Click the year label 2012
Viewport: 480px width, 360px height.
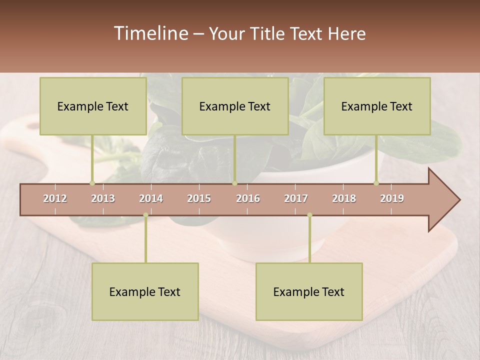[55, 198]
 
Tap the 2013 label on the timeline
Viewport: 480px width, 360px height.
[103, 198]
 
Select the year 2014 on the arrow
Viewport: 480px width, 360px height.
[151, 198]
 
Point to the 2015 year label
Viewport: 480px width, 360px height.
[199, 198]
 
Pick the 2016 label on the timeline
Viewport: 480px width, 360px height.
[248, 198]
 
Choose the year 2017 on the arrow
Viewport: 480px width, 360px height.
[296, 198]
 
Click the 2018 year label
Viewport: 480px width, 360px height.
[344, 198]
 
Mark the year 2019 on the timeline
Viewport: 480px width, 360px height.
[392, 198]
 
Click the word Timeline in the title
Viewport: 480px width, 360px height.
[150, 33]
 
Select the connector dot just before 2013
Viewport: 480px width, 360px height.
[92, 183]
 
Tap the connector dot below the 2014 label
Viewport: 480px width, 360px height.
[145, 215]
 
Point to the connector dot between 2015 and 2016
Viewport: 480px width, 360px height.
[234, 183]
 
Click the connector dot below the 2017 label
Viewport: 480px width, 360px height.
[309, 215]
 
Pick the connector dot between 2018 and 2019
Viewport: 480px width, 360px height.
[376, 183]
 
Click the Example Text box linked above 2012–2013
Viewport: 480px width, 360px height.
[93, 106]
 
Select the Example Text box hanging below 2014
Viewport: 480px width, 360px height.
[145, 291]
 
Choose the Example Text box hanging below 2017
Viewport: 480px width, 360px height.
[309, 291]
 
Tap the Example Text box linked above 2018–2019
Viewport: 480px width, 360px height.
[377, 106]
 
